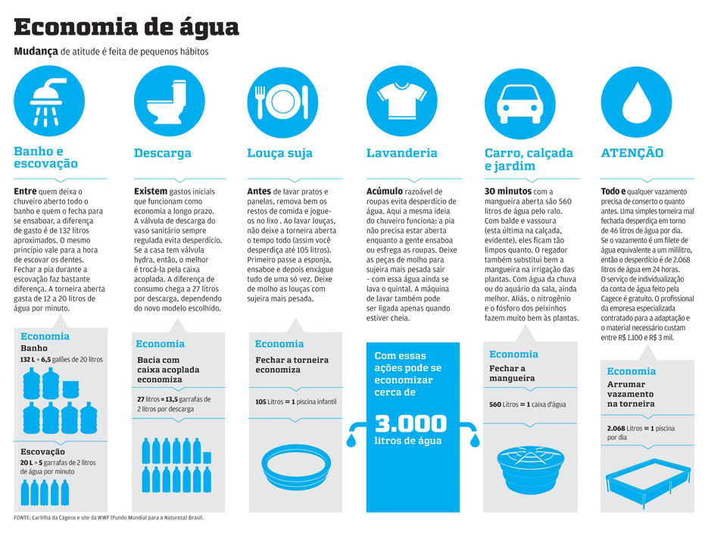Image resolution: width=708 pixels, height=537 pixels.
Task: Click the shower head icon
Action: [x=46, y=98]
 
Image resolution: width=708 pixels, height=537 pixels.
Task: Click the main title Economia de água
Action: [x=126, y=27]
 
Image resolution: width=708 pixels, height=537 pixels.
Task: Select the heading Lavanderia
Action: [x=401, y=153]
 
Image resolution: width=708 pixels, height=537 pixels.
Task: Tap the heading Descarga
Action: [x=163, y=154]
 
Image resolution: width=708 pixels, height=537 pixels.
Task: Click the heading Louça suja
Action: [x=279, y=153]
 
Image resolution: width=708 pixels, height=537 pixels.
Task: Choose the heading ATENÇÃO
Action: [x=632, y=153]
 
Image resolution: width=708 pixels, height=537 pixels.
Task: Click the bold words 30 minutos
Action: [x=508, y=192]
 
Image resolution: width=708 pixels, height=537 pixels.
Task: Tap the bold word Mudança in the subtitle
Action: [x=36, y=52]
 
